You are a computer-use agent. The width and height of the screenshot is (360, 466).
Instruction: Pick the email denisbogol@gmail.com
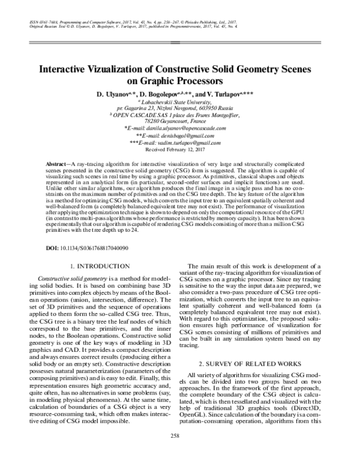pos(192,136)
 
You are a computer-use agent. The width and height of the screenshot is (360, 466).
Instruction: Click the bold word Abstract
pos(57,164)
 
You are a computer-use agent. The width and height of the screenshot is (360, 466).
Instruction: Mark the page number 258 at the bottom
pos(180,451)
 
